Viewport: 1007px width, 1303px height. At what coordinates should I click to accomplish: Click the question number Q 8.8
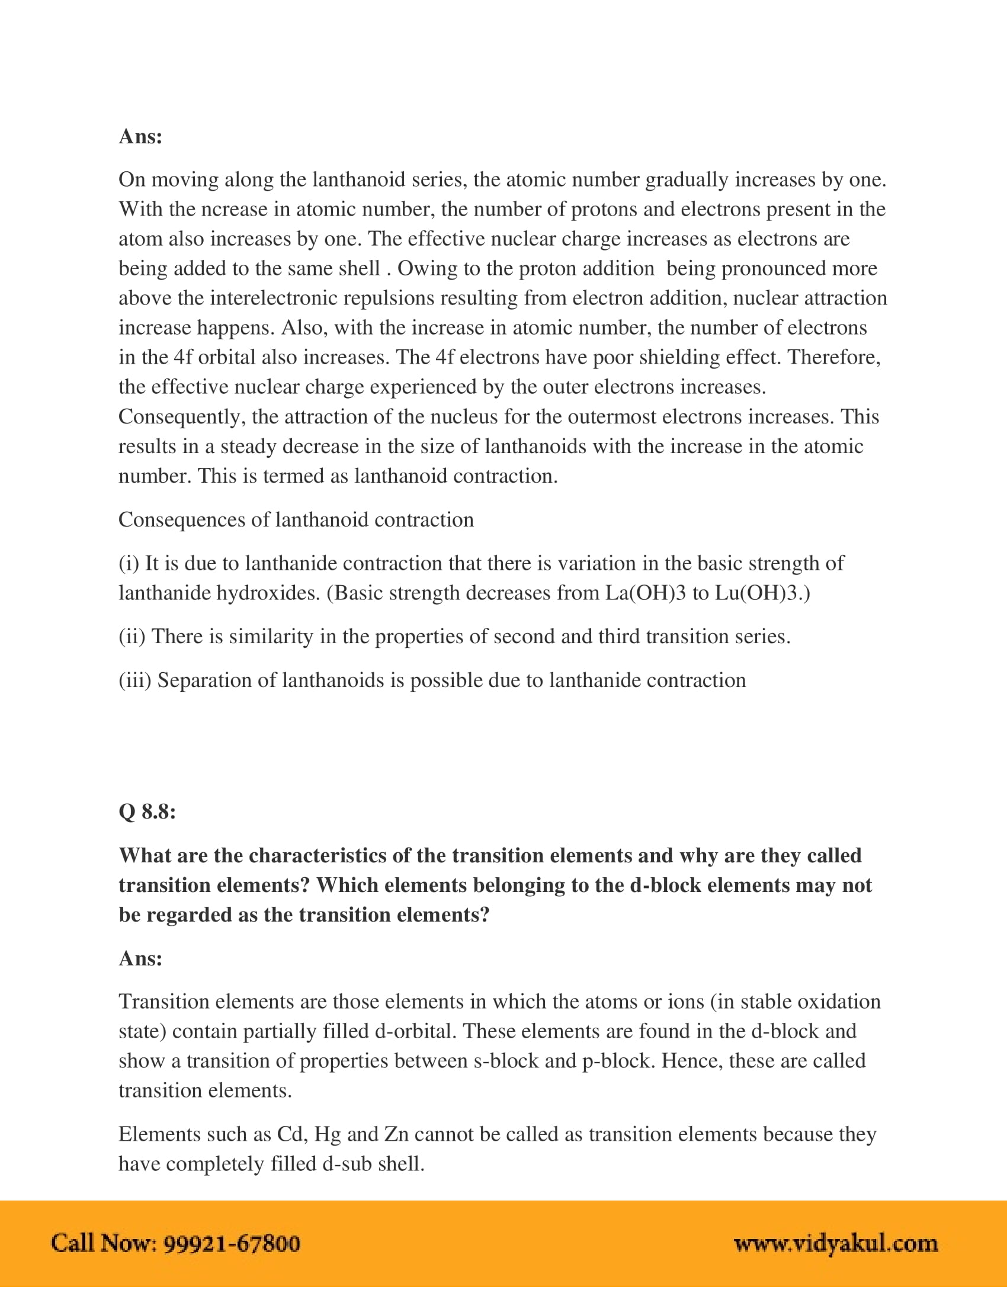[147, 811]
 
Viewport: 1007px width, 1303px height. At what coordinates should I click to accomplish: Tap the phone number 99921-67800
[232, 1243]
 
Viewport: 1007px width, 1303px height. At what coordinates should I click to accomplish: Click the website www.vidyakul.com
[835, 1243]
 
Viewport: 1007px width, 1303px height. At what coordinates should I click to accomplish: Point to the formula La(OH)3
[646, 593]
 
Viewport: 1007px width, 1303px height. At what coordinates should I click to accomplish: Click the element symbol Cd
[290, 1134]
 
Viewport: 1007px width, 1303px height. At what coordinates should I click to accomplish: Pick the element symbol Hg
[328, 1134]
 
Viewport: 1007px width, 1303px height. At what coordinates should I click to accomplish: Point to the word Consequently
[181, 416]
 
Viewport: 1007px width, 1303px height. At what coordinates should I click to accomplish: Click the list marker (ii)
[132, 637]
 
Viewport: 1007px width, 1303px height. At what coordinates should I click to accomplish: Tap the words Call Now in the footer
[104, 1243]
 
